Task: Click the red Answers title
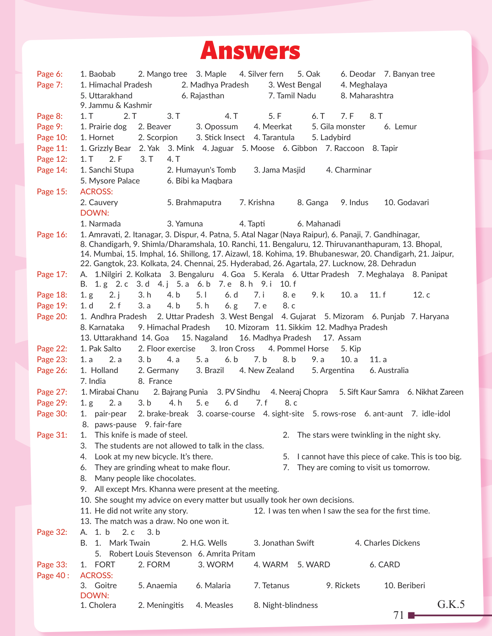[x=250, y=51]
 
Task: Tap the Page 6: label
[x=50, y=74]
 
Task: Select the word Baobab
[x=102, y=74]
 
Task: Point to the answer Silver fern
[x=265, y=74]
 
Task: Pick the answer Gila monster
[x=342, y=126]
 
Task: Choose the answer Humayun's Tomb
[x=205, y=170]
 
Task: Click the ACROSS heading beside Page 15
[x=96, y=192]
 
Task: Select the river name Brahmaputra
[x=198, y=202]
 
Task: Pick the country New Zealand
[x=271, y=370]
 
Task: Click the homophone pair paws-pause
[x=115, y=424]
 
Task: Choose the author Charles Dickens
[x=392, y=543]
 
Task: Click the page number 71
[x=399, y=615]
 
